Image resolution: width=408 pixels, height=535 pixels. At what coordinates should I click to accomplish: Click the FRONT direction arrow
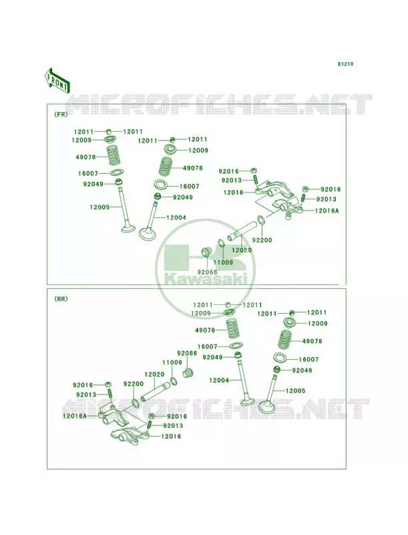pyautogui.click(x=57, y=80)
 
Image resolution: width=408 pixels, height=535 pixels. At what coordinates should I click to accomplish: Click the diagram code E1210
pyautogui.click(x=345, y=64)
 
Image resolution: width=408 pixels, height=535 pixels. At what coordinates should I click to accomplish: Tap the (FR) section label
pyautogui.click(x=61, y=114)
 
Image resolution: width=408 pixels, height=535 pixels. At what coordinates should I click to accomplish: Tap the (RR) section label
pyautogui.click(x=61, y=299)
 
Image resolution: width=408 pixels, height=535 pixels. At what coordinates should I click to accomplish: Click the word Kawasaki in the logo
pyautogui.click(x=206, y=279)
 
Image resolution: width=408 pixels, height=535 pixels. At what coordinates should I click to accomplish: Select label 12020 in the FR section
pyautogui.click(x=242, y=250)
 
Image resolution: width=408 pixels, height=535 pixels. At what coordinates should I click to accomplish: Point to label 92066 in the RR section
pyautogui.click(x=187, y=353)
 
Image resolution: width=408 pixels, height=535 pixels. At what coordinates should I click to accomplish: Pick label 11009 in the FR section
pyautogui.click(x=224, y=262)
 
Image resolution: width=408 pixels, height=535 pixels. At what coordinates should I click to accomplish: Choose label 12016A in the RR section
pyautogui.click(x=75, y=416)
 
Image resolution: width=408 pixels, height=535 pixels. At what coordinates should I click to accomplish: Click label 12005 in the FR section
pyautogui.click(x=99, y=207)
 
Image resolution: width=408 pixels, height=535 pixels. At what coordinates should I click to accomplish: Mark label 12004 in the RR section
pyautogui.click(x=219, y=380)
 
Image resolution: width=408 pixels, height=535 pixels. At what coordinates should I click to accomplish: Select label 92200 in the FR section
pyautogui.click(x=262, y=240)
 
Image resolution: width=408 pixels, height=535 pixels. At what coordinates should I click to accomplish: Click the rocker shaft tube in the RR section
pyautogui.click(x=156, y=391)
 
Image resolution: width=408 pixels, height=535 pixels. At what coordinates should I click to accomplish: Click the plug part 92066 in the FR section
pyautogui.click(x=206, y=251)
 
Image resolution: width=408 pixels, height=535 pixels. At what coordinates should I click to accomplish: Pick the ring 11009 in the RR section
pyautogui.click(x=174, y=381)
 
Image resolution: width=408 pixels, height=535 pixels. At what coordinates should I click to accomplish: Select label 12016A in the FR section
pyautogui.click(x=327, y=211)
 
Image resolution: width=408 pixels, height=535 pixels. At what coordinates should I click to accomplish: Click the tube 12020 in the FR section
pyautogui.click(x=242, y=231)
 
